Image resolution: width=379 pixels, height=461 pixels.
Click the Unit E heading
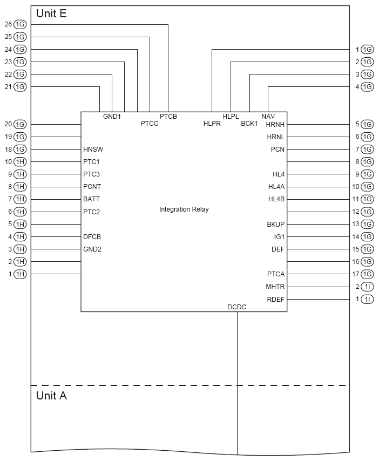(x=51, y=14)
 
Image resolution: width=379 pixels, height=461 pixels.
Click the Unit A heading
(x=51, y=396)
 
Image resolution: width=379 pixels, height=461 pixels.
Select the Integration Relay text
(x=184, y=209)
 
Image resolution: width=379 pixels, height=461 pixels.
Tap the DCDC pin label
(x=237, y=307)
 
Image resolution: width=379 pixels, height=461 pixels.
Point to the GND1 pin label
(x=112, y=116)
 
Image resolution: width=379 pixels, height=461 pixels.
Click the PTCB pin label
(x=168, y=116)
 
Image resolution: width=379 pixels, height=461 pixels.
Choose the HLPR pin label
(x=212, y=124)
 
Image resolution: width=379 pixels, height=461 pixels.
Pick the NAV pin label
(x=268, y=116)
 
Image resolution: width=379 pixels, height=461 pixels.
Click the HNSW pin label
(x=93, y=150)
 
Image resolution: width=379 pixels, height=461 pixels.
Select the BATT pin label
(x=92, y=199)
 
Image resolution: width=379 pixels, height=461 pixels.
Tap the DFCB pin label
(x=92, y=236)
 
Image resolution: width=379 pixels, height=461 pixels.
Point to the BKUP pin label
(x=275, y=224)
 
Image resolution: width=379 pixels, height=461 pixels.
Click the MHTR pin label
(x=275, y=287)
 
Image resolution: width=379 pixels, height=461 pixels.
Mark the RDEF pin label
(x=275, y=299)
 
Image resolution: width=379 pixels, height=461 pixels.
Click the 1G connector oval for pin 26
(x=20, y=24)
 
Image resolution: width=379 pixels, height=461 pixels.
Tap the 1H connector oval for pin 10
(x=20, y=162)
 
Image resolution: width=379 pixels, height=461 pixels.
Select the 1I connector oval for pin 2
(x=368, y=287)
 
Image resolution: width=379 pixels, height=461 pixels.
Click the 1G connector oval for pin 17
(x=368, y=274)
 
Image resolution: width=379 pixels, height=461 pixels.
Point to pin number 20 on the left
(x=8, y=124)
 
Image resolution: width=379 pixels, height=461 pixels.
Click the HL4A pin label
(x=276, y=187)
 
